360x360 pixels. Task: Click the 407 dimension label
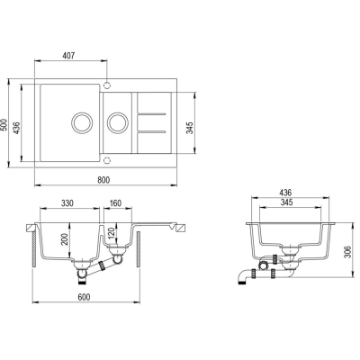point(68,56)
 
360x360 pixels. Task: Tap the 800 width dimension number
point(103,180)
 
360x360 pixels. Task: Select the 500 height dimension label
point(4,124)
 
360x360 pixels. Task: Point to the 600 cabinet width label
point(84,297)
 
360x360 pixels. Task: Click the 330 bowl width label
point(67,203)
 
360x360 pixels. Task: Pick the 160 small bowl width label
point(115,203)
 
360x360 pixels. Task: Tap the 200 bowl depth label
point(65,239)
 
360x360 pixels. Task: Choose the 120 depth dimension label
point(112,233)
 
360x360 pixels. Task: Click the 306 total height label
point(347,252)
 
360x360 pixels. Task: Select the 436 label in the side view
point(285,193)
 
